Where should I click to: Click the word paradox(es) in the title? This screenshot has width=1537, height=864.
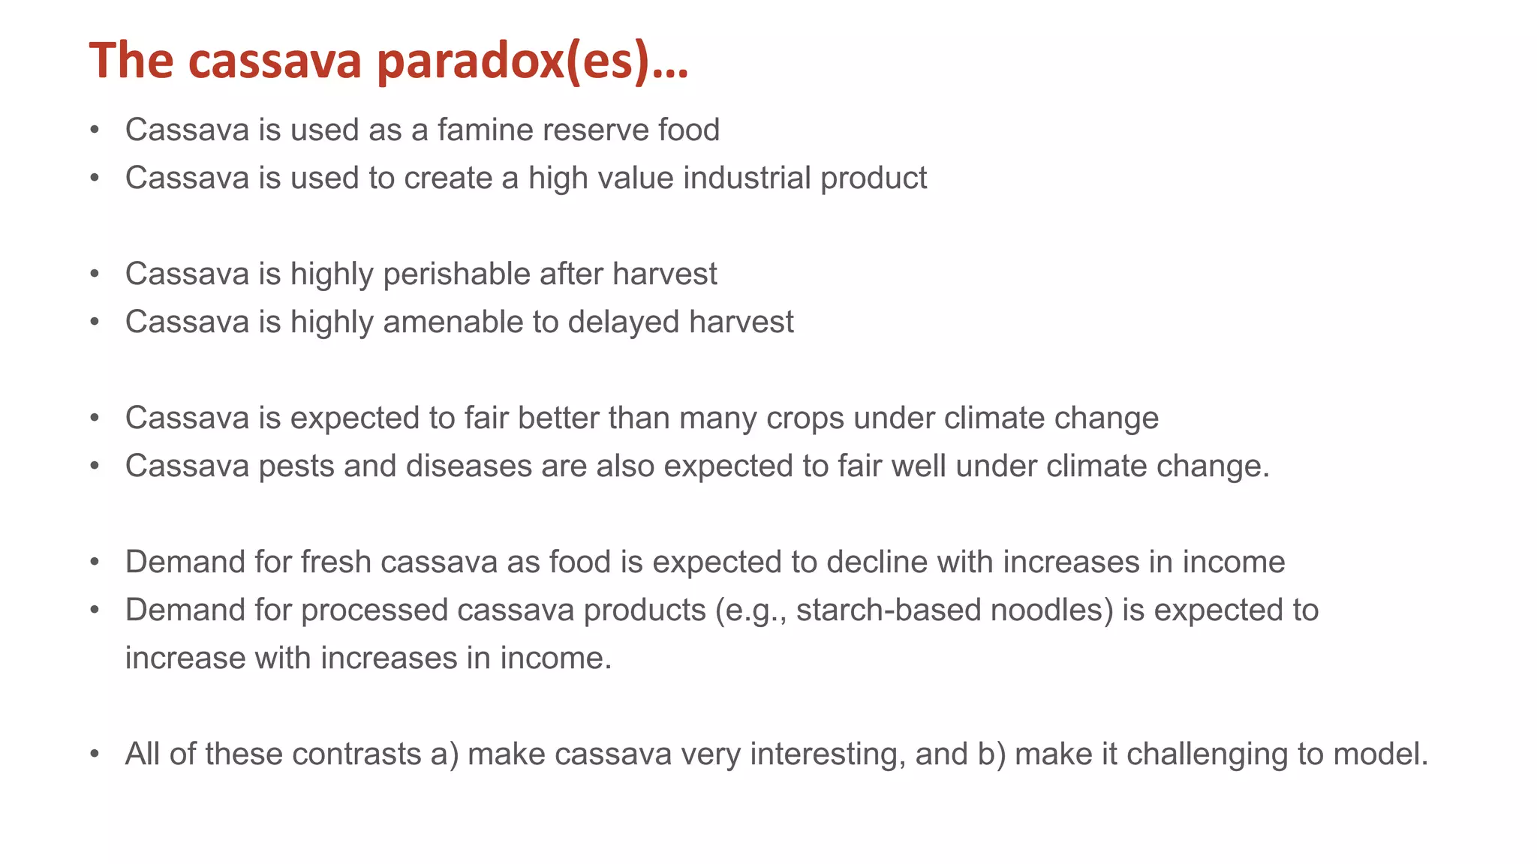coord(531,61)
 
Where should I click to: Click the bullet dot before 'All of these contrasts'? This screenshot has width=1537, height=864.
coord(95,754)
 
